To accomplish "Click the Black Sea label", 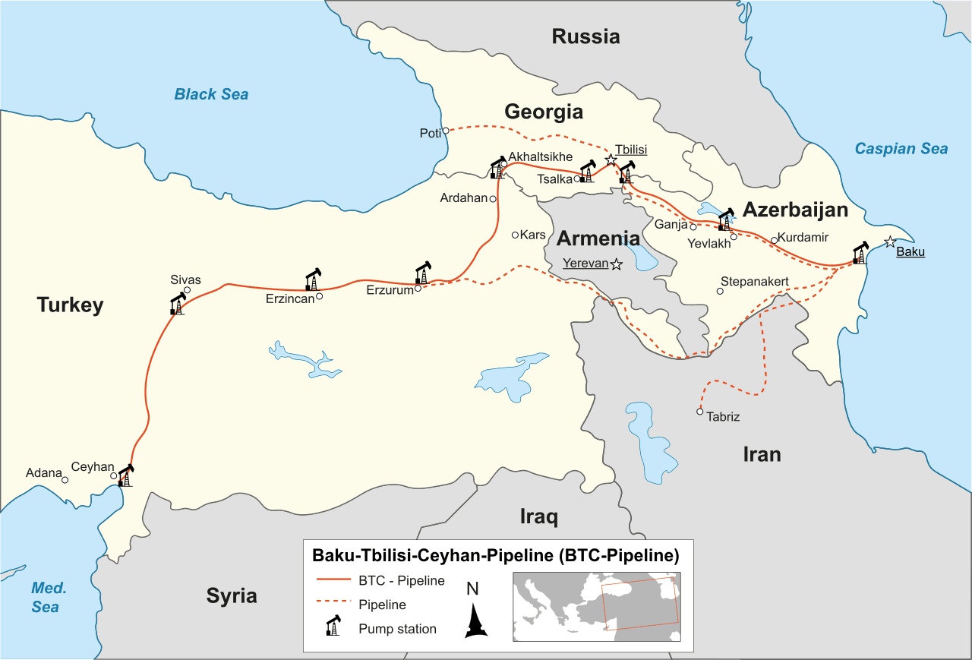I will (x=211, y=94).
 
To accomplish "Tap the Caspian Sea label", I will (x=901, y=149).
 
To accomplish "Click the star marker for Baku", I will (x=890, y=242).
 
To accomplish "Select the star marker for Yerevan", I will (x=616, y=264).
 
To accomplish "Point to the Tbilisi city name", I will (x=631, y=150).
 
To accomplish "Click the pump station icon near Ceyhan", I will (x=125, y=475).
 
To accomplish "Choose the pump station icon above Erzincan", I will (x=312, y=279).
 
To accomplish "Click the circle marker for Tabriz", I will (x=700, y=412).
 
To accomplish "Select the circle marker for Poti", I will (x=446, y=130).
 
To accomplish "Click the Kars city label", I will (x=533, y=235).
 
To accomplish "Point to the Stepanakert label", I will (x=754, y=282).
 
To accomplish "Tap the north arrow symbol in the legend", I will (x=475, y=619).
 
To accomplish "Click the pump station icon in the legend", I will (x=333, y=627).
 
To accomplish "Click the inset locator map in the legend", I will (x=596, y=607).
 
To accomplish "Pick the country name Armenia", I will (x=598, y=238).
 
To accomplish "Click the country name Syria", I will (x=232, y=595).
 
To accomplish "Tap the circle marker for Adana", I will (x=65, y=480).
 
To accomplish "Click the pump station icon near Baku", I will (x=859, y=253).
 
